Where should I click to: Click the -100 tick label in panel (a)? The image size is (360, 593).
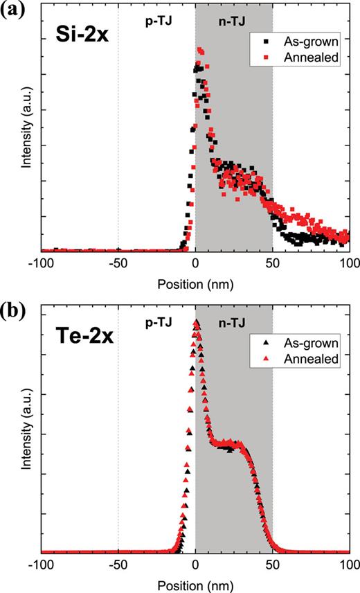click(x=41, y=264)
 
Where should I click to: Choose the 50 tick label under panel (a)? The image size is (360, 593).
click(x=272, y=264)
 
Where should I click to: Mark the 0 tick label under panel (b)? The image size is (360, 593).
click(x=195, y=565)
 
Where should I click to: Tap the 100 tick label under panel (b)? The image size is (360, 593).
click(x=348, y=565)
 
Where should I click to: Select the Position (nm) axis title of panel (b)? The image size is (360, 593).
click(x=195, y=583)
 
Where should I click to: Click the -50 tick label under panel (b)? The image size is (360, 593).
click(x=118, y=565)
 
